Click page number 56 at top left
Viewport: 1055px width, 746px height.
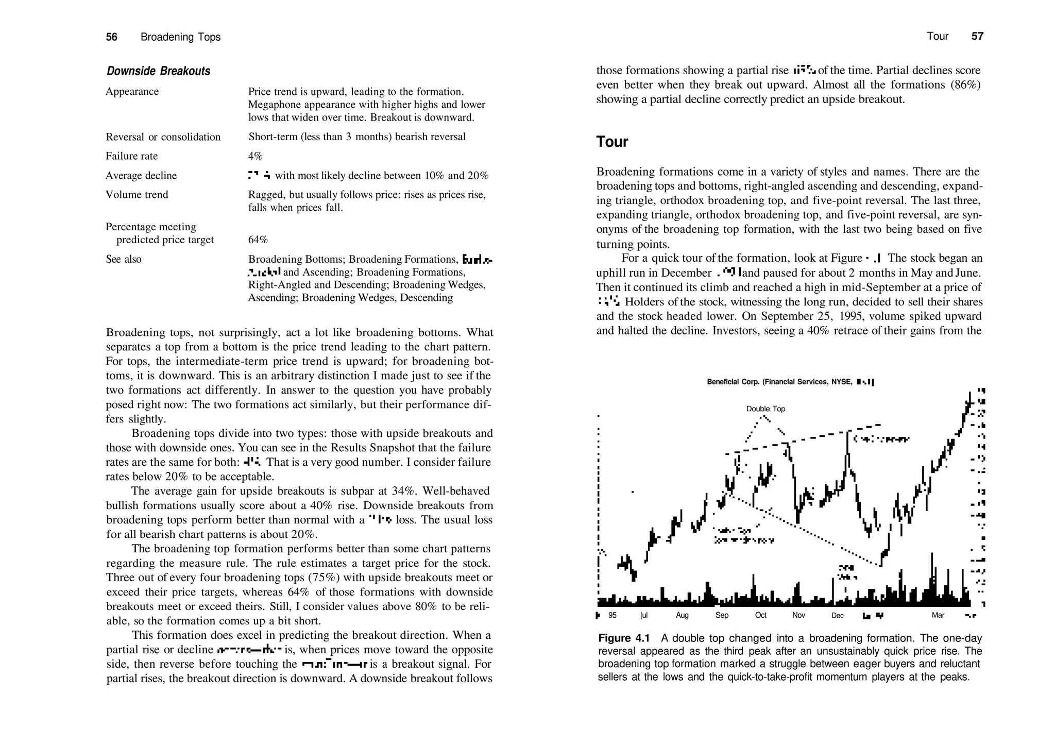tap(112, 37)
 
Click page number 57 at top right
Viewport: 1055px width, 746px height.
tap(977, 36)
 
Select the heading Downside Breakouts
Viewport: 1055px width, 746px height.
tap(158, 71)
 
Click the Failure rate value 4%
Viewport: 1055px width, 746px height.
tap(255, 156)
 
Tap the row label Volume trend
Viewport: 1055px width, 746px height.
tap(137, 195)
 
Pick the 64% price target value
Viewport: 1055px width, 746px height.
tap(258, 240)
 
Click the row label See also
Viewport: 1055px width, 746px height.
tap(124, 259)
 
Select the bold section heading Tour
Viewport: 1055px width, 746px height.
tap(612, 142)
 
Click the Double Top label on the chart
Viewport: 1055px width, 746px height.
tap(765, 409)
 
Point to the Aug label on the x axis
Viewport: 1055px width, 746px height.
tap(682, 615)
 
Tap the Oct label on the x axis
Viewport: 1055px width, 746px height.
tap(760, 615)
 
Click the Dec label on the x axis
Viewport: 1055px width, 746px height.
tap(837, 616)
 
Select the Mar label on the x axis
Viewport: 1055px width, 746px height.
tap(938, 615)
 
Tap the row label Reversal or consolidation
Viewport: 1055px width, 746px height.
tap(163, 137)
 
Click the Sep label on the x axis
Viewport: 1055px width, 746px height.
tap(722, 615)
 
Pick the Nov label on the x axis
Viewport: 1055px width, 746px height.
tap(798, 615)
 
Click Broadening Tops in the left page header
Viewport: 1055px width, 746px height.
tap(180, 37)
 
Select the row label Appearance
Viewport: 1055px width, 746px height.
tap(132, 92)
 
